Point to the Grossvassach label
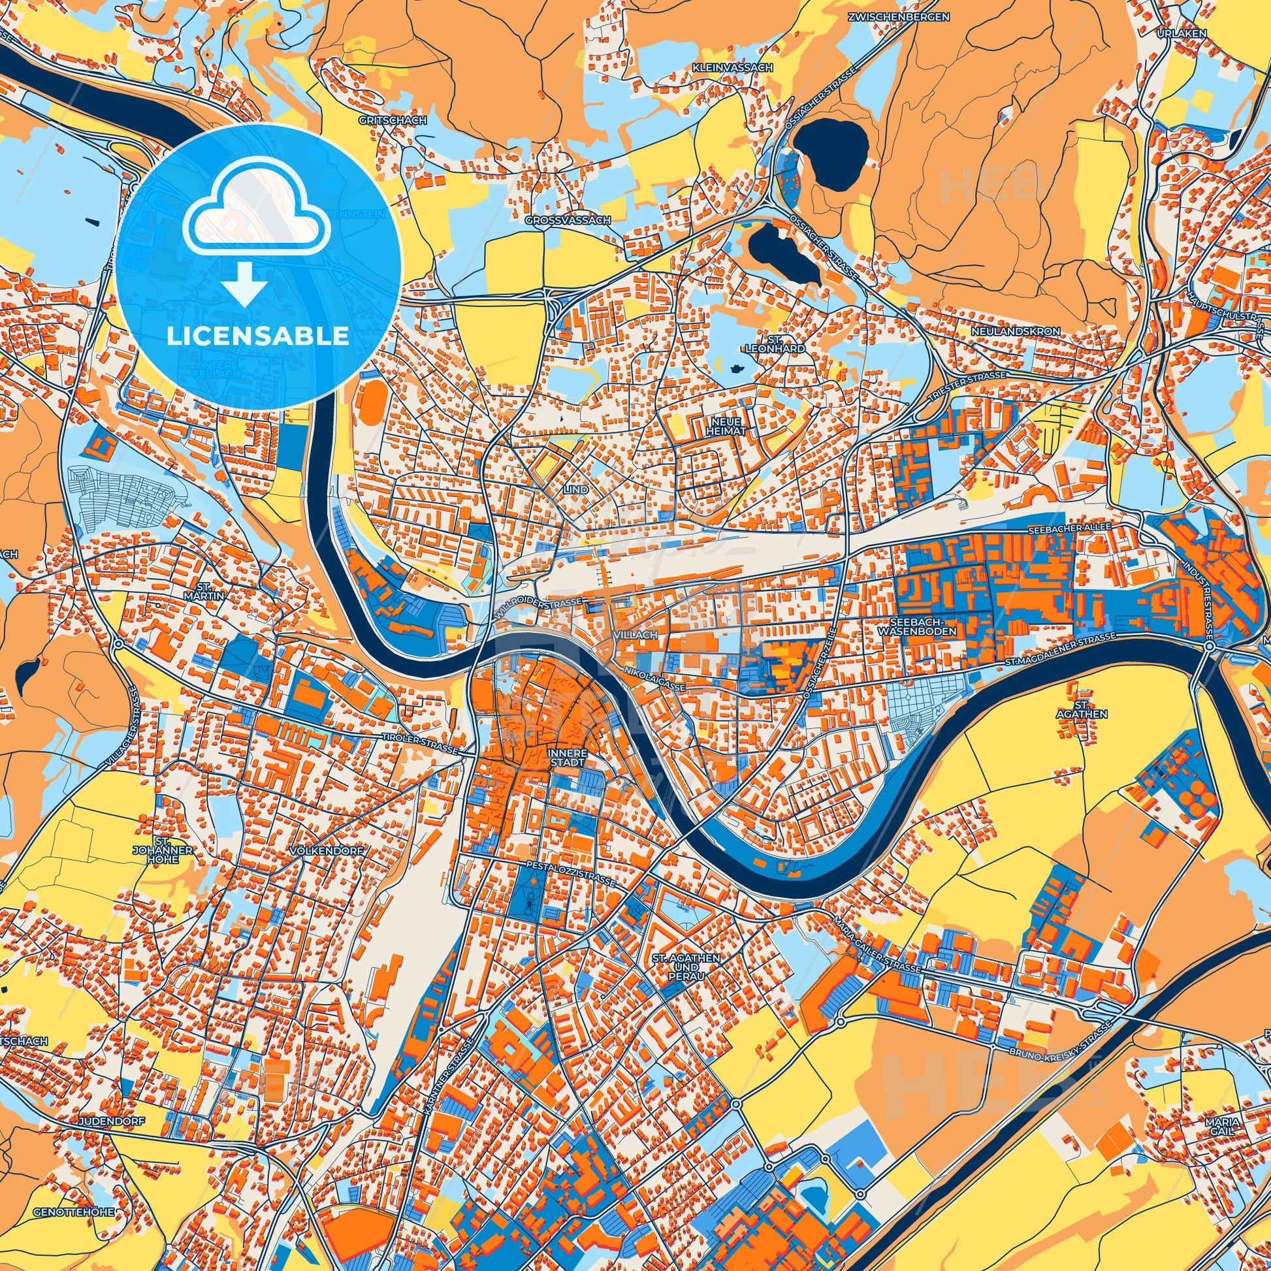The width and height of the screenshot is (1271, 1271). point(568,220)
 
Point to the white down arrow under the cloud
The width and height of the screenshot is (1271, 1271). point(244,284)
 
